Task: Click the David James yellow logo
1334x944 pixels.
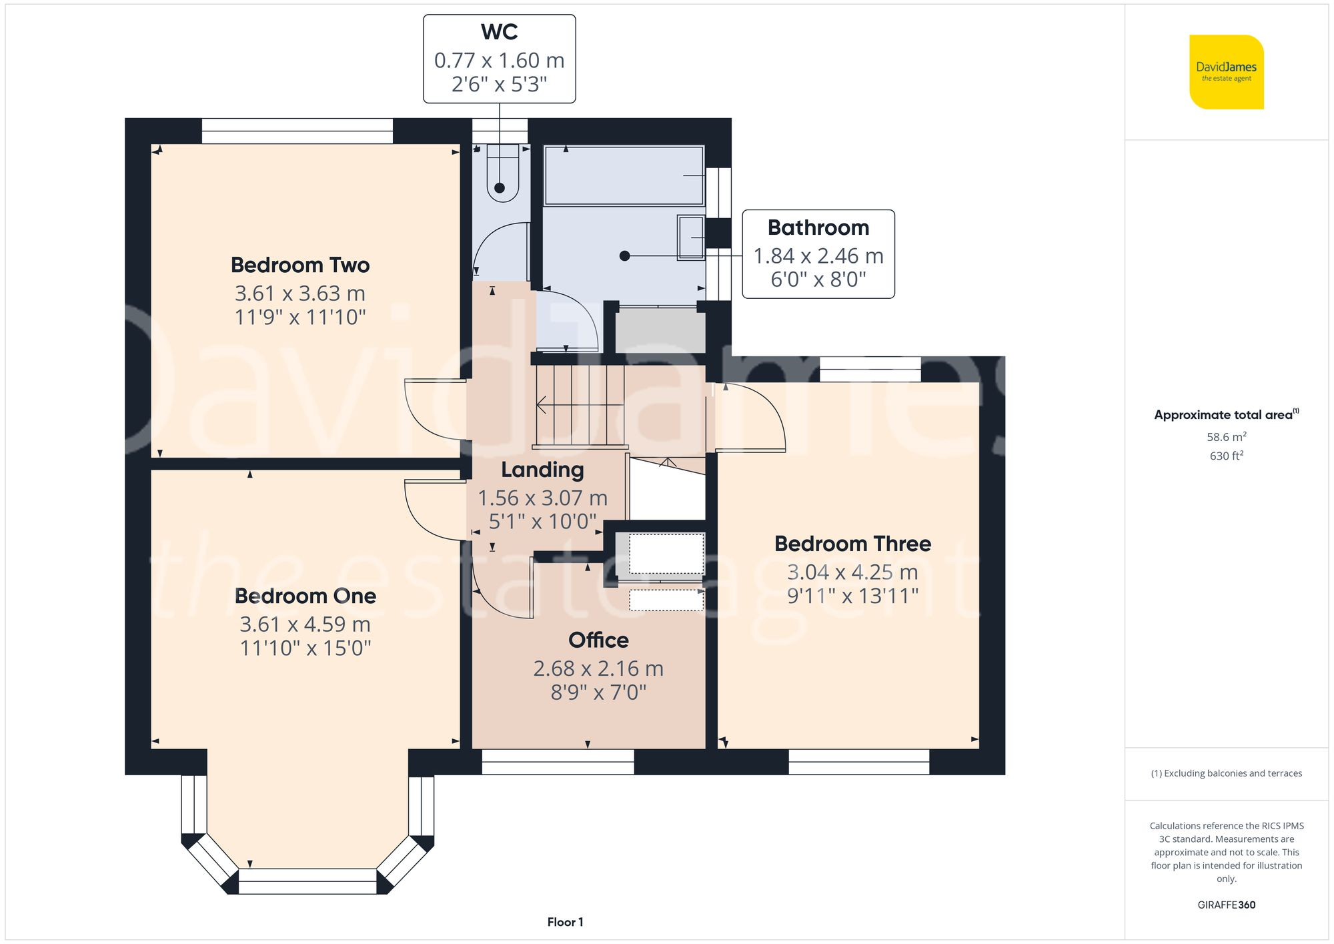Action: pyautogui.click(x=1226, y=72)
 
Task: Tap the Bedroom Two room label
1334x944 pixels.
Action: pyautogui.click(x=300, y=265)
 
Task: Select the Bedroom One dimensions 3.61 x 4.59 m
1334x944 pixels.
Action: pyautogui.click(x=305, y=624)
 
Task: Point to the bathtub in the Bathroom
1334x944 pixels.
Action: pyautogui.click(x=624, y=175)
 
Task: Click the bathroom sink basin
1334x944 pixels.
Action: pyautogui.click(x=691, y=238)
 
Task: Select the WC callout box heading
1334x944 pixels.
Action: pyautogui.click(x=499, y=32)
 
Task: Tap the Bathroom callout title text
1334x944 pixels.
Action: pyautogui.click(x=818, y=227)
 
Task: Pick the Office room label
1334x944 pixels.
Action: pyautogui.click(x=598, y=640)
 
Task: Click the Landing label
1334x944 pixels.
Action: pyautogui.click(x=542, y=470)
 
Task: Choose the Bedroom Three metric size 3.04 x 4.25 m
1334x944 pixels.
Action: pyautogui.click(x=852, y=572)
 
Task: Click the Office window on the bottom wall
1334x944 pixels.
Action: pyautogui.click(x=558, y=762)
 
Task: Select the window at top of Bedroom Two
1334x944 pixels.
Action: pyautogui.click(x=297, y=131)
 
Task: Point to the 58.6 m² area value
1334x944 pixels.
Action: pyautogui.click(x=1226, y=437)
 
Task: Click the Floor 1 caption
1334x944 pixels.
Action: pyautogui.click(x=565, y=922)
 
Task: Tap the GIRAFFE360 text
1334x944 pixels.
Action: pyautogui.click(x=1226, y=905)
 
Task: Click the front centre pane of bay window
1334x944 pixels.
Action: pyautogui.click(x=307, y=881)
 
